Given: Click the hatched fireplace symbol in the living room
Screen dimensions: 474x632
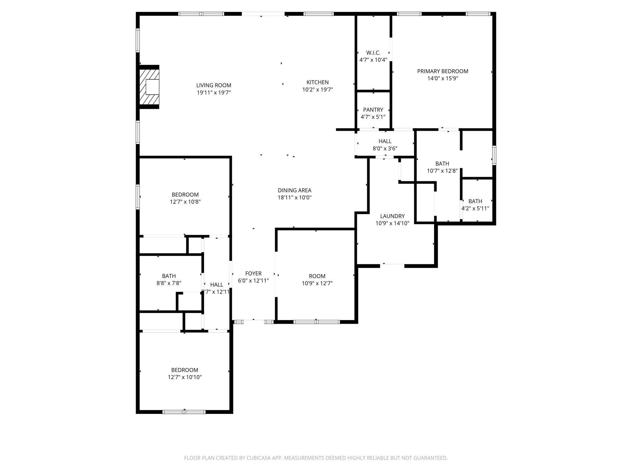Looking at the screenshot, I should click(149, 87).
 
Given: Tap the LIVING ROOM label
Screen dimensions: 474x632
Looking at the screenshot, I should click(214, 85).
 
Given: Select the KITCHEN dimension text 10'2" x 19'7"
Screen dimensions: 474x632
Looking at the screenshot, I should click(318, 90).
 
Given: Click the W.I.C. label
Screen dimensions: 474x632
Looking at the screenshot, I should click(373, 53).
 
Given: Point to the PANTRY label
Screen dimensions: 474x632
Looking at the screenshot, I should click(373, 110).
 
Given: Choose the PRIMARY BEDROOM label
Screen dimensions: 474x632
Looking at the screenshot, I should click(443, 71).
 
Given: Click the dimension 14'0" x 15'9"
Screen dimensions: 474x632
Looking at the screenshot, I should click(443, 78).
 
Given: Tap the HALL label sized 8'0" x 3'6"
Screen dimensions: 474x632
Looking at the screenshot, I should click(385, 141).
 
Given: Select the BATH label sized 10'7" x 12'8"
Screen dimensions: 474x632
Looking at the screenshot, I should click(442, 164).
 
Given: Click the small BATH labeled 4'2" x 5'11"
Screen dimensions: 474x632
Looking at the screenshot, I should click(475, 201).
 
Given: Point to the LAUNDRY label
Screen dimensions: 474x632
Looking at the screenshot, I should click(392, 216).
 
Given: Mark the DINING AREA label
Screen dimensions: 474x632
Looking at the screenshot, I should click(294, 191).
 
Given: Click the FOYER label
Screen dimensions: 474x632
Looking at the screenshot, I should click(253, 273).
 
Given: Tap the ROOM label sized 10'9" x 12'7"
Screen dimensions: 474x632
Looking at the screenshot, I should click(317, 276).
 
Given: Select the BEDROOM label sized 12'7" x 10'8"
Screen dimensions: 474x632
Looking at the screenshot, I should click(185, 195).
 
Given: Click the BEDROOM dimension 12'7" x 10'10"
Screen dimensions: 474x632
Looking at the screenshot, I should click(185, 377).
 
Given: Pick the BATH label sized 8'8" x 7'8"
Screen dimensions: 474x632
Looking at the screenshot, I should click(169, 276).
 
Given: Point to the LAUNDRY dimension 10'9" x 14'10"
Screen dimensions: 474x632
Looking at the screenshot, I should click(392, 223).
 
